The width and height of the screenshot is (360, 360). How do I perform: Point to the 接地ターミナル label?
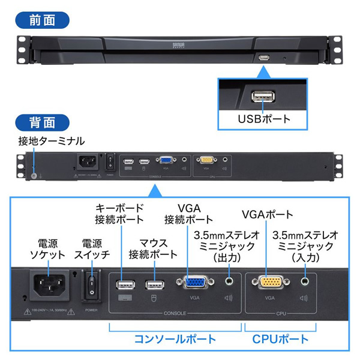(x=51, y=142)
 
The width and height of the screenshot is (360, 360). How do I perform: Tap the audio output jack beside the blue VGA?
(x=229, y=281)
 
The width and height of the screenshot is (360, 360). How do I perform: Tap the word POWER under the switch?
(x=92, y=311)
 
